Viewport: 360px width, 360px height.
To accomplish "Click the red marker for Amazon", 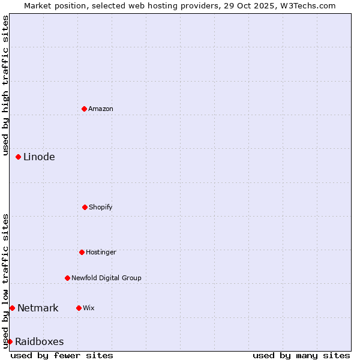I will (84, 109).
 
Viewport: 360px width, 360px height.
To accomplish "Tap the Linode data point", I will (18, 157).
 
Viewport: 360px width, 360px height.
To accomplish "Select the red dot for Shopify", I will (85, 207).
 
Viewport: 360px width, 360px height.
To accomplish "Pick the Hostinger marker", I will (82, 252).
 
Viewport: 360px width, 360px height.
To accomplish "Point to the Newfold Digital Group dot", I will (67, 278).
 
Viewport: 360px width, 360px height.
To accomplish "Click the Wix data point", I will (79, 308).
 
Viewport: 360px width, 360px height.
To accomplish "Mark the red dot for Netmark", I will (12, 308).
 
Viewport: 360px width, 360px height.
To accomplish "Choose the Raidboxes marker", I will (10, 341).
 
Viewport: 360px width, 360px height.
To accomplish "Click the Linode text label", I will (39, 157).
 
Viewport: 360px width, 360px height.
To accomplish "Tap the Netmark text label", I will (38, 308).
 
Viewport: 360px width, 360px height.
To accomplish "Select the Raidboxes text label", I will (39, 341).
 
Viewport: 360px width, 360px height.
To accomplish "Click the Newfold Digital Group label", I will (106, 278).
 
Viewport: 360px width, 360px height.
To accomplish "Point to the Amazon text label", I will (101, 109).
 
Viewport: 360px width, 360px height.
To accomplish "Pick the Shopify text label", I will (101, 207).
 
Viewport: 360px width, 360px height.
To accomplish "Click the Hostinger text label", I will (101, 252).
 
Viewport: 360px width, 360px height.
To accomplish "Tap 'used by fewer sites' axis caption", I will (62, 355).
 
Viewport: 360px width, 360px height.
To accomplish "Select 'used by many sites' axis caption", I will (301, 355).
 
